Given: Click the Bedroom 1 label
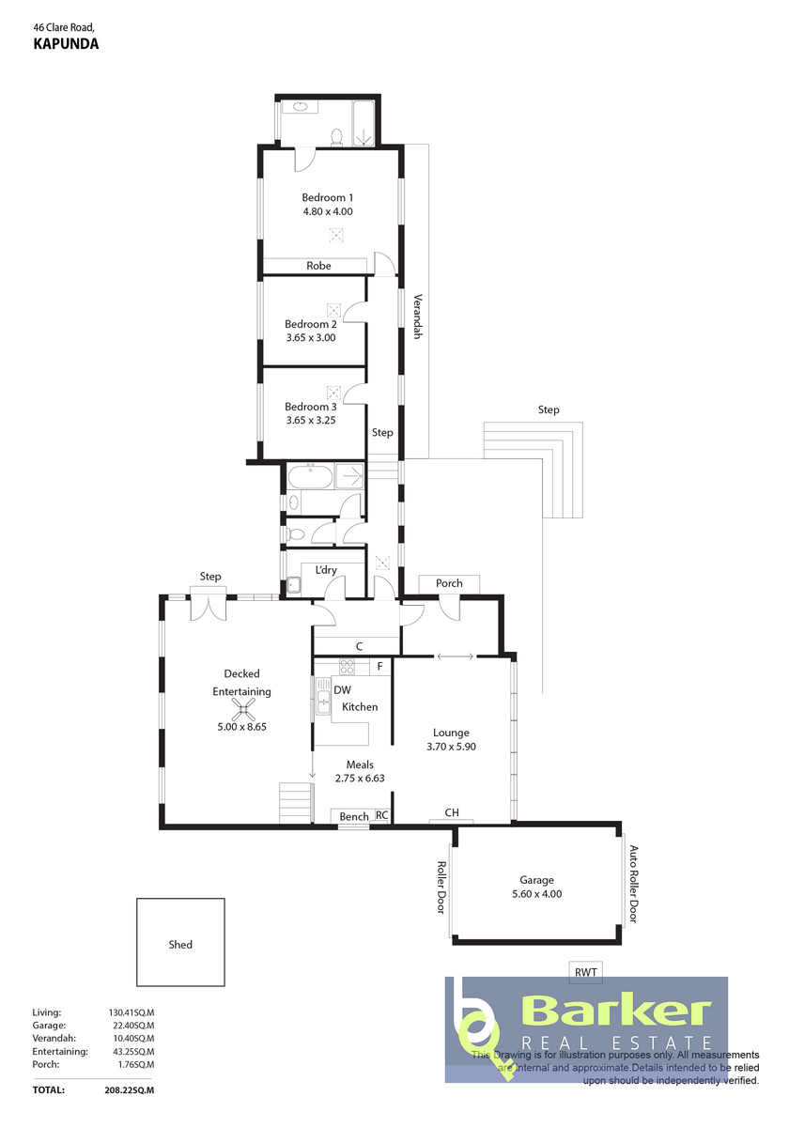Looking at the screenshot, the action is point(327,197).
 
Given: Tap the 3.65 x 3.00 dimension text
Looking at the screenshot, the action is point(311,337).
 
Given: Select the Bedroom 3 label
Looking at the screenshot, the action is point(311,407).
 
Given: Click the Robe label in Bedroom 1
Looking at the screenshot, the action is point(318,266).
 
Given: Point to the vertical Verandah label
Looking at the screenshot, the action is point(418,316).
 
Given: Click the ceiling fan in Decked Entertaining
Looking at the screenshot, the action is point(243,709).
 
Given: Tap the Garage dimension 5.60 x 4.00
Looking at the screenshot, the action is point(537,894).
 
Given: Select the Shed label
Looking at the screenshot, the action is point(180,945).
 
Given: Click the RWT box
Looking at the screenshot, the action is point(586,971).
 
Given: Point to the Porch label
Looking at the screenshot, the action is point(449,583).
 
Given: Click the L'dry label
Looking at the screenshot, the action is point(326,570).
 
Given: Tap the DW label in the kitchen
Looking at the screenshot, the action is point(342,689).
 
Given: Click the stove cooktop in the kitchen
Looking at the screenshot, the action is point(347,667).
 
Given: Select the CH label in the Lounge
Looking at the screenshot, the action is point(452,812).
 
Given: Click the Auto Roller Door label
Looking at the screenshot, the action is point(633,884).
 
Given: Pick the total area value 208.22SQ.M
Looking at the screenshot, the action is point(130,1090).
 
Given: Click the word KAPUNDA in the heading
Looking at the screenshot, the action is point(66,44).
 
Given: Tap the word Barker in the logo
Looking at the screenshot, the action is point(616,1011).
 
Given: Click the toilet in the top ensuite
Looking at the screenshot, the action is point(336,137).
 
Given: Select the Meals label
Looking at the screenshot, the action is point(360,764).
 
